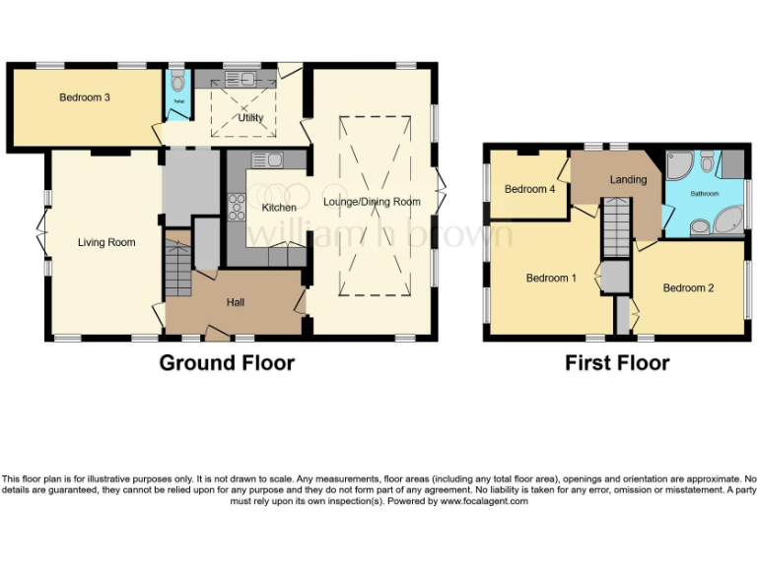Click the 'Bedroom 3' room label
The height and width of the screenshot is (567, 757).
84,97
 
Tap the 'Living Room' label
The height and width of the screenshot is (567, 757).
106,242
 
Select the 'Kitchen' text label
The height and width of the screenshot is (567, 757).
279,208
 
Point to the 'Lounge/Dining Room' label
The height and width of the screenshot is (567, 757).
372,202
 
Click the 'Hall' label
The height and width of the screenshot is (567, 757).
236,302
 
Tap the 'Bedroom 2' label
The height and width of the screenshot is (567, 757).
687,287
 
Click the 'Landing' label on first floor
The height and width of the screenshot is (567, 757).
628,179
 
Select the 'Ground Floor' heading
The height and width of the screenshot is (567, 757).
227,363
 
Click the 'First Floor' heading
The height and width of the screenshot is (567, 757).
617,363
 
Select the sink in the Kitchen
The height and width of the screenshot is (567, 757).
266,159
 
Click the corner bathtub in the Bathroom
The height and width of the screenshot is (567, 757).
725,221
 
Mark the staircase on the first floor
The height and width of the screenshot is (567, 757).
615,225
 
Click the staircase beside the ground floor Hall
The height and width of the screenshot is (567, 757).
177,266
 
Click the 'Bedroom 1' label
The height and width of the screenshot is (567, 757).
551,278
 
